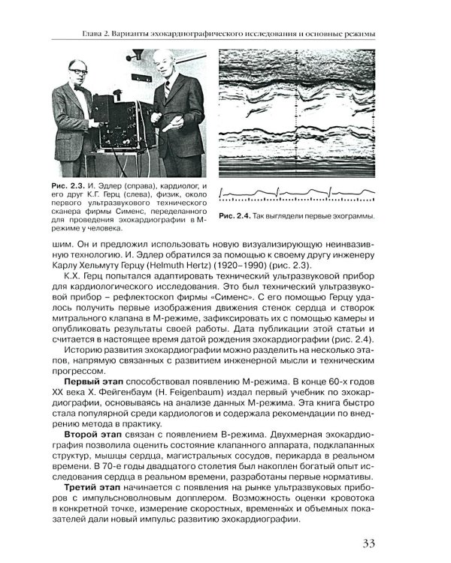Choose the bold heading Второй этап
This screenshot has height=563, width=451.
[83, 435]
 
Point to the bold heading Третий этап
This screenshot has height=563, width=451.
[83, 486]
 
